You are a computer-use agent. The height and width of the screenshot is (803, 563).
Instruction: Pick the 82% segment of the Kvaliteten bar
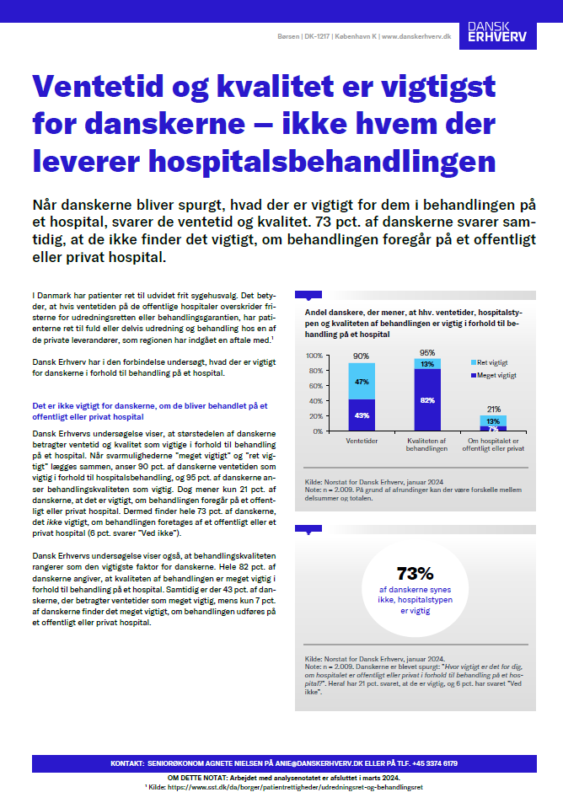point(426,399)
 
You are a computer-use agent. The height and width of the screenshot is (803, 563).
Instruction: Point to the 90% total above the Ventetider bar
point(361,356)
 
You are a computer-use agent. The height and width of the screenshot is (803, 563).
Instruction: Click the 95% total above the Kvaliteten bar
point(426,352)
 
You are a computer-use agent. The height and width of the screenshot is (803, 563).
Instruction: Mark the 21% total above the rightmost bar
point(493,409)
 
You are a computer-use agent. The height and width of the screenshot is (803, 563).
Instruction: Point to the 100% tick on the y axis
point(313,356)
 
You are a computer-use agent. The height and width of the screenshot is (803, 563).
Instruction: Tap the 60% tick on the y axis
point(314,386)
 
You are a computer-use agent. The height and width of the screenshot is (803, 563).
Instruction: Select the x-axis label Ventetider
point(361,440)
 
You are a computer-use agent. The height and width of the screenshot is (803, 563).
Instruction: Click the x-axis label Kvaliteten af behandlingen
point(426,444)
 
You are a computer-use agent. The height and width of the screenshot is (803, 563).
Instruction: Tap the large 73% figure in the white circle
point(415,574)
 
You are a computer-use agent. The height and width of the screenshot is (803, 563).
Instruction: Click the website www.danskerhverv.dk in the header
point(416,37)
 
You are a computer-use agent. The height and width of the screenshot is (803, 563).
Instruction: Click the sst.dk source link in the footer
point(286,786)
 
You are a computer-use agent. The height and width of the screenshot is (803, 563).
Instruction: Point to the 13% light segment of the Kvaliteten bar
point(426,364)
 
